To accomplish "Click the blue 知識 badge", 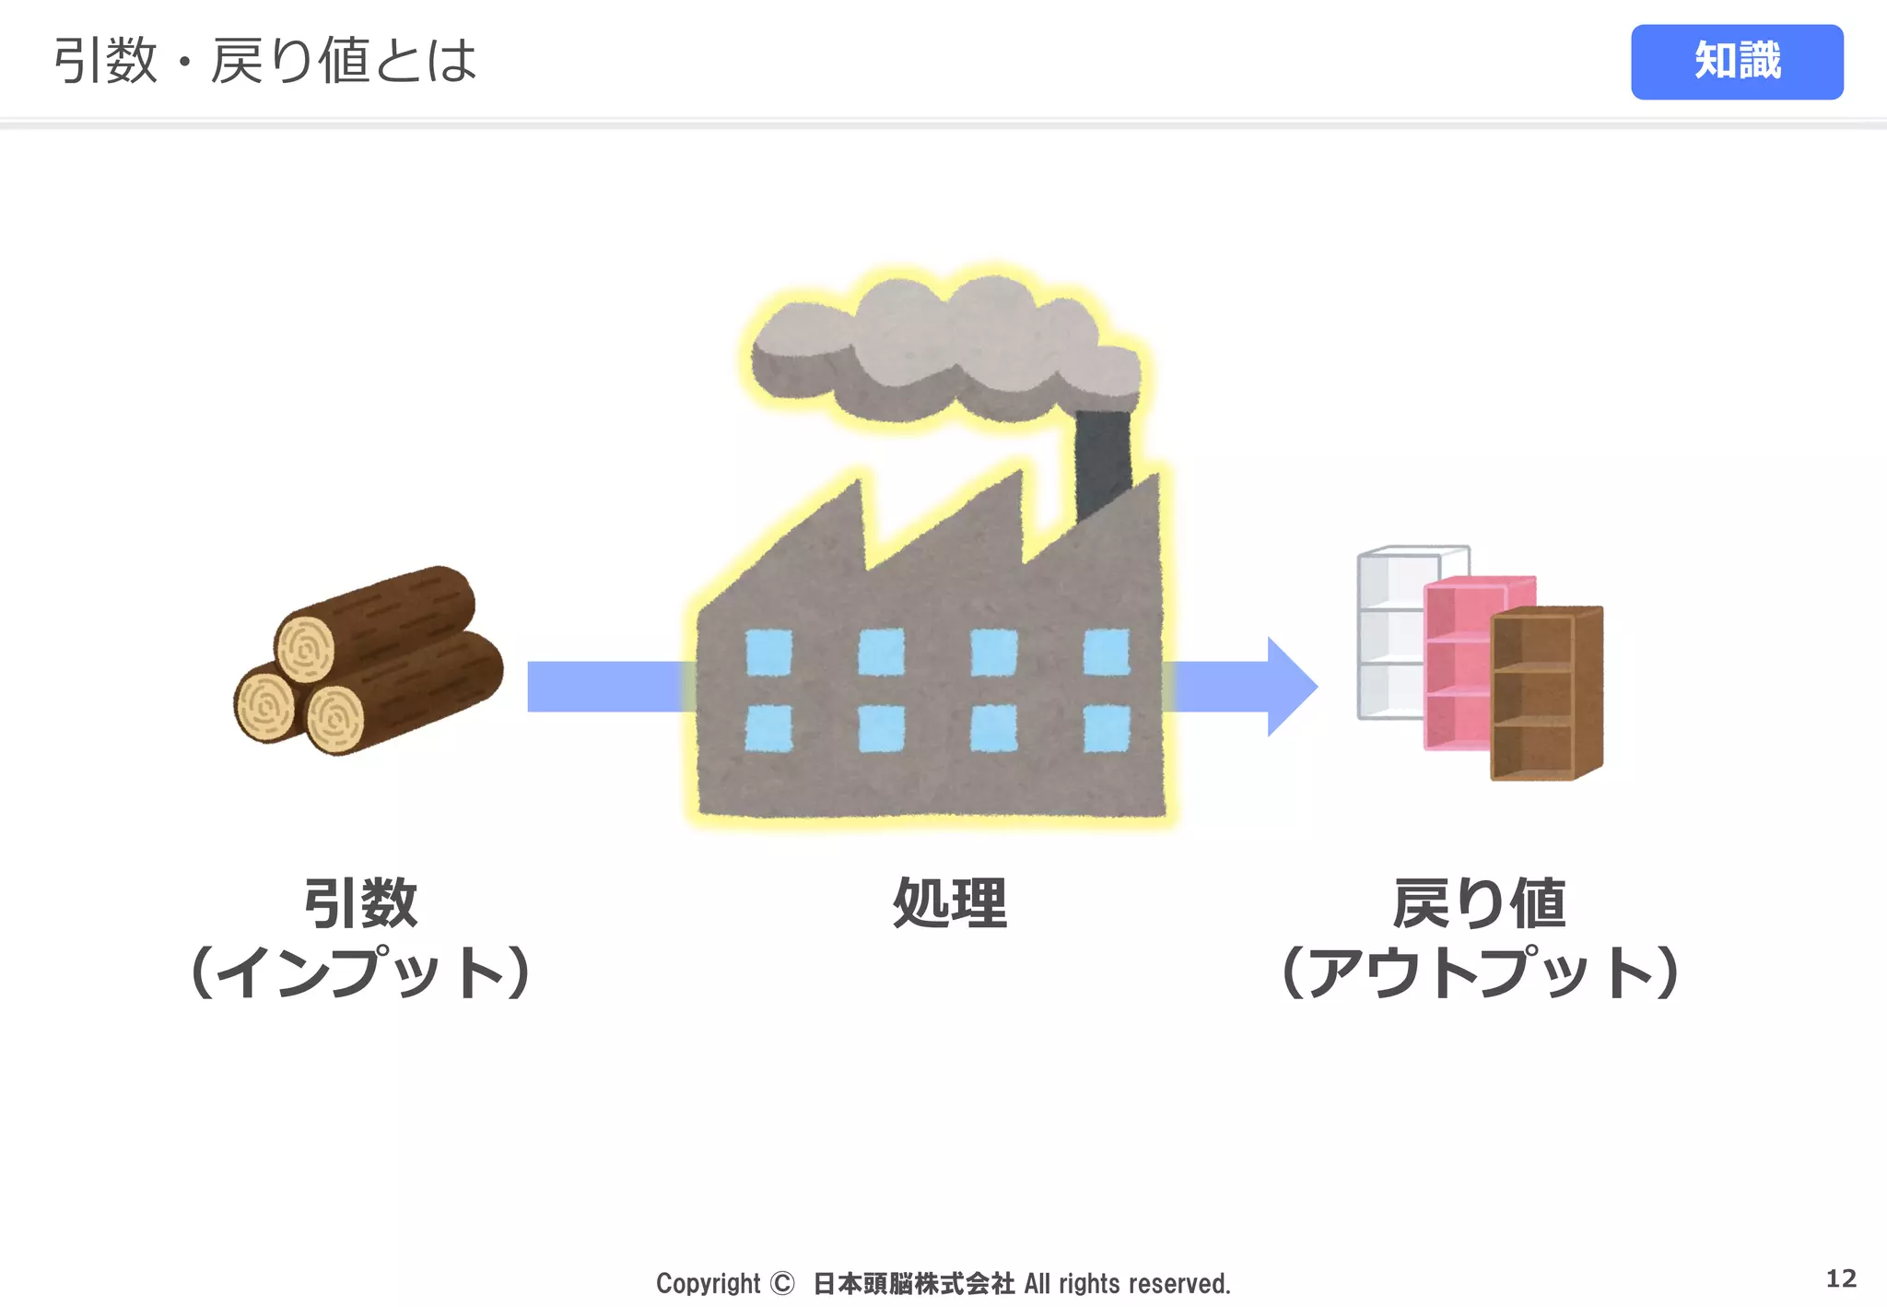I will [x=1736, y=62].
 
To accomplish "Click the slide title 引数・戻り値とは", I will [x=265, y=61].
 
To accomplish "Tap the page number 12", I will [x=1841, y=1278].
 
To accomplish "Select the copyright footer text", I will [x=943, y=1283].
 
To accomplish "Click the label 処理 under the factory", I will [x=950, y=903].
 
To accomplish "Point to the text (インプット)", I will [x=360, y=973].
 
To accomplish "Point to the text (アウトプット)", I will [x=1480, y=973].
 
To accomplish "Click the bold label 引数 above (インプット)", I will [x=360, y=903].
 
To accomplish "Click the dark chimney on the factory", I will [x=1102, y=461].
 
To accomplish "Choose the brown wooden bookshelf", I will [x=1546, y=693].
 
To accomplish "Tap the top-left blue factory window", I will [x=768, y=652].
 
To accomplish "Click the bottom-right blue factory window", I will [x=1107, y=728].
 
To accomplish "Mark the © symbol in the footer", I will [x=781, y=1283].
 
